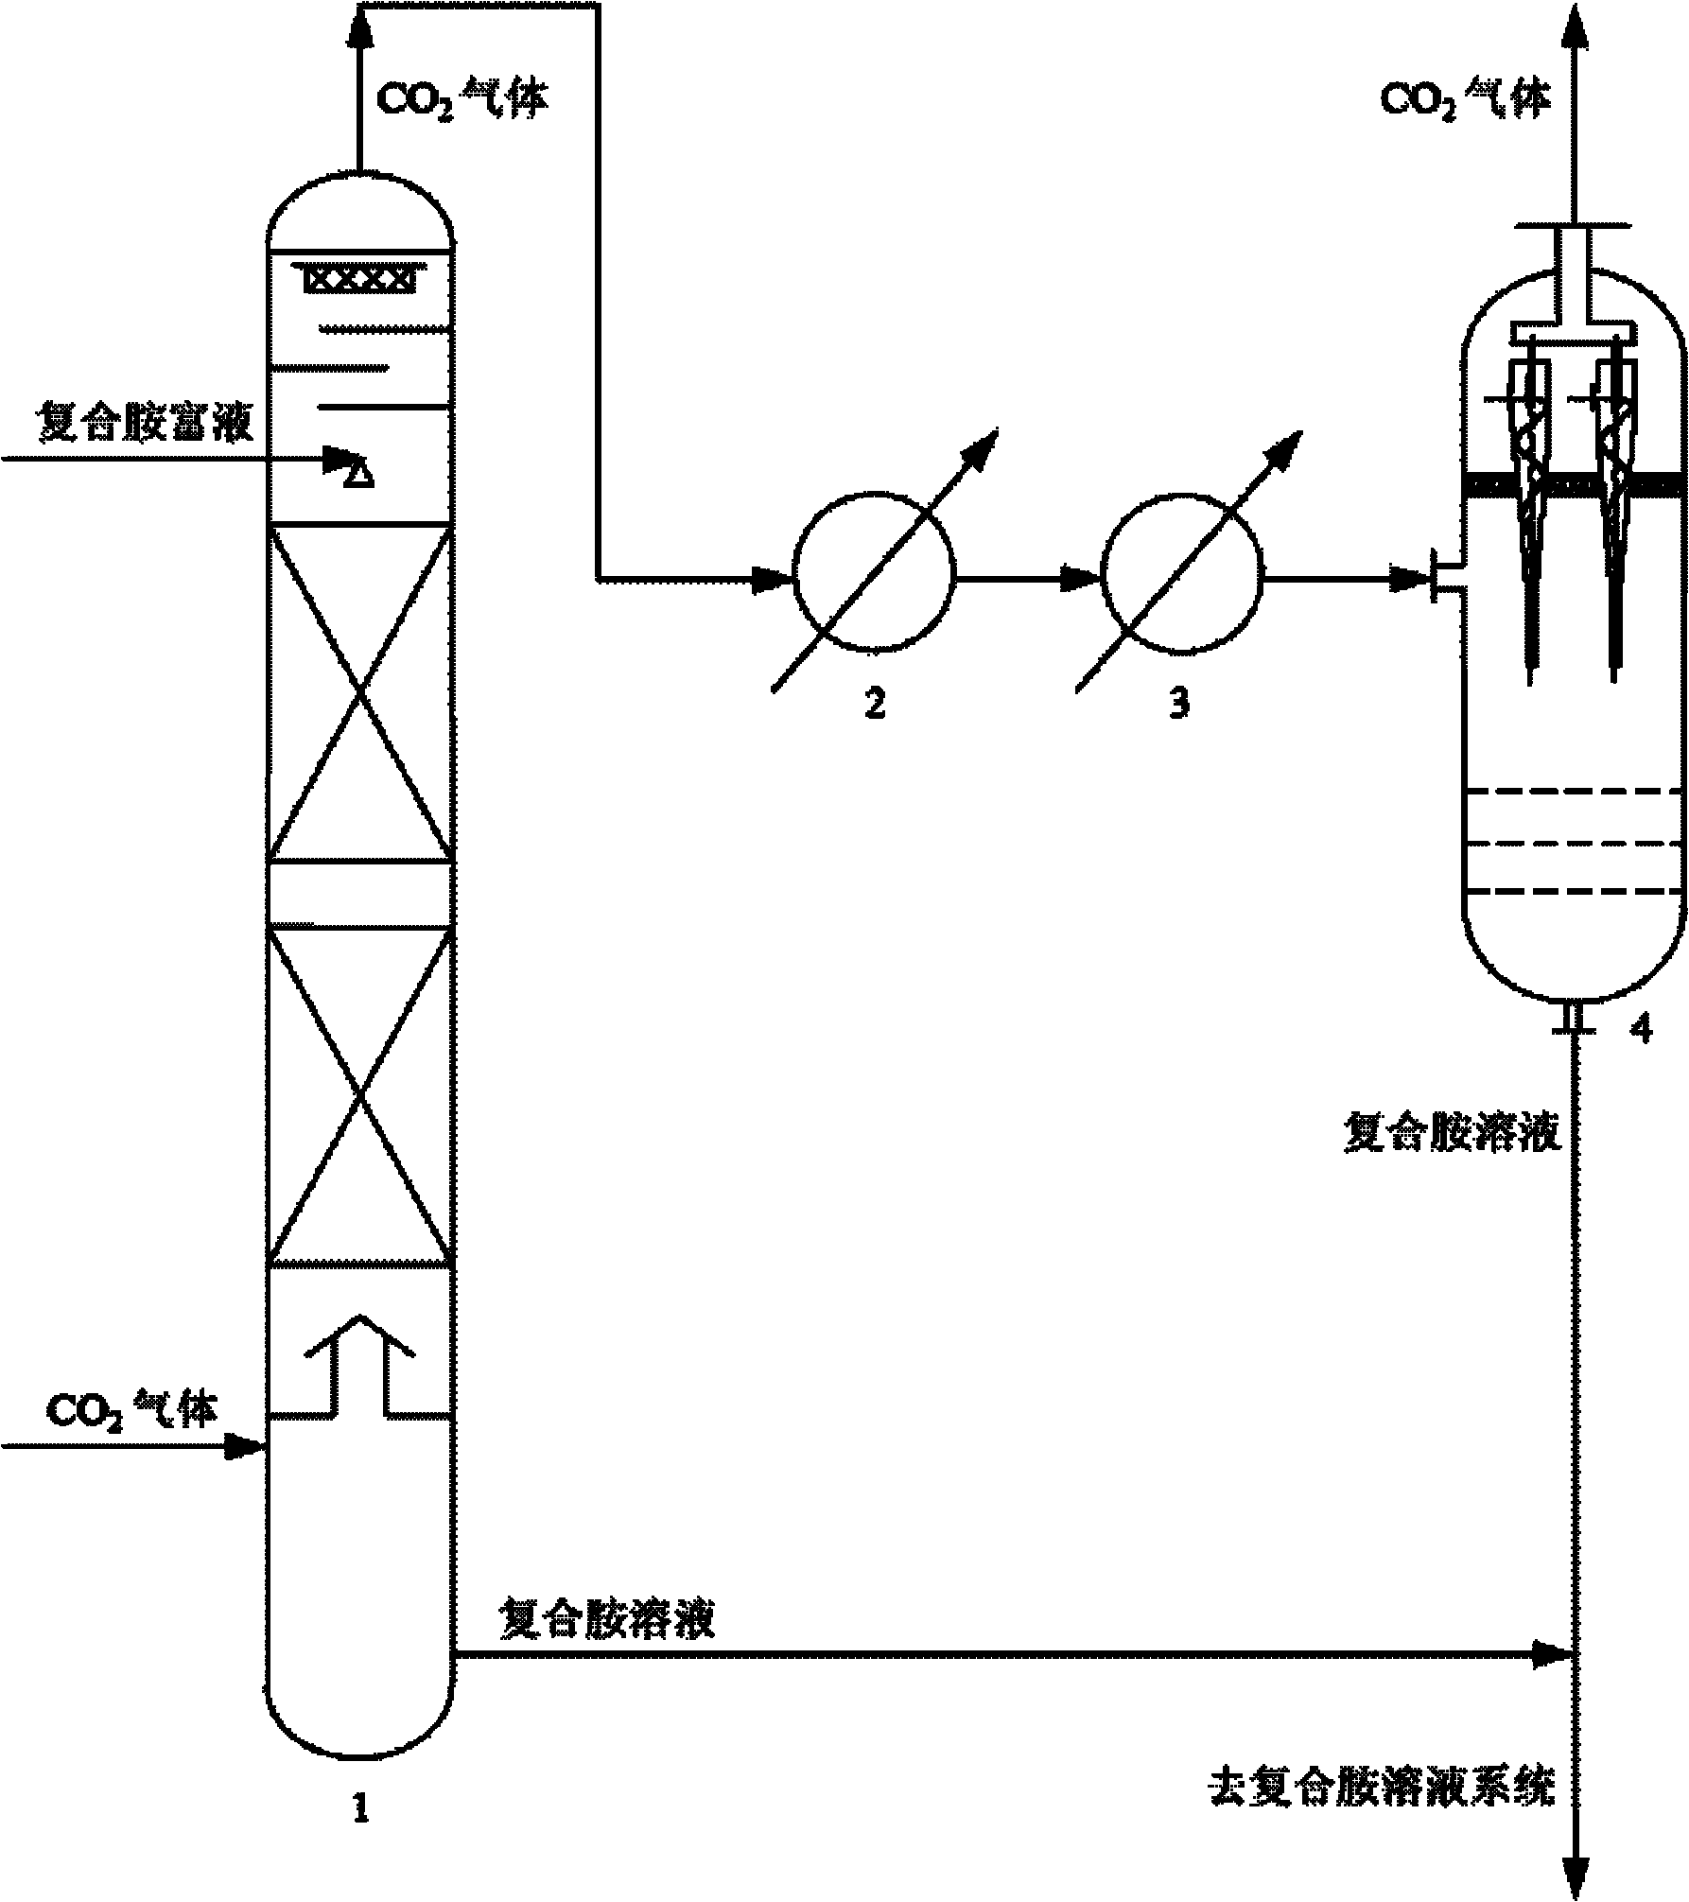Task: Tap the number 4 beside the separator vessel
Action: pyautogui.click(x=1641, y=1028)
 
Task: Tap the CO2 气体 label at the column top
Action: pyautogui.click(x=462, y=100)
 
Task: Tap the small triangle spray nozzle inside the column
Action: pyautogui.click(x=357, y=478)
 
